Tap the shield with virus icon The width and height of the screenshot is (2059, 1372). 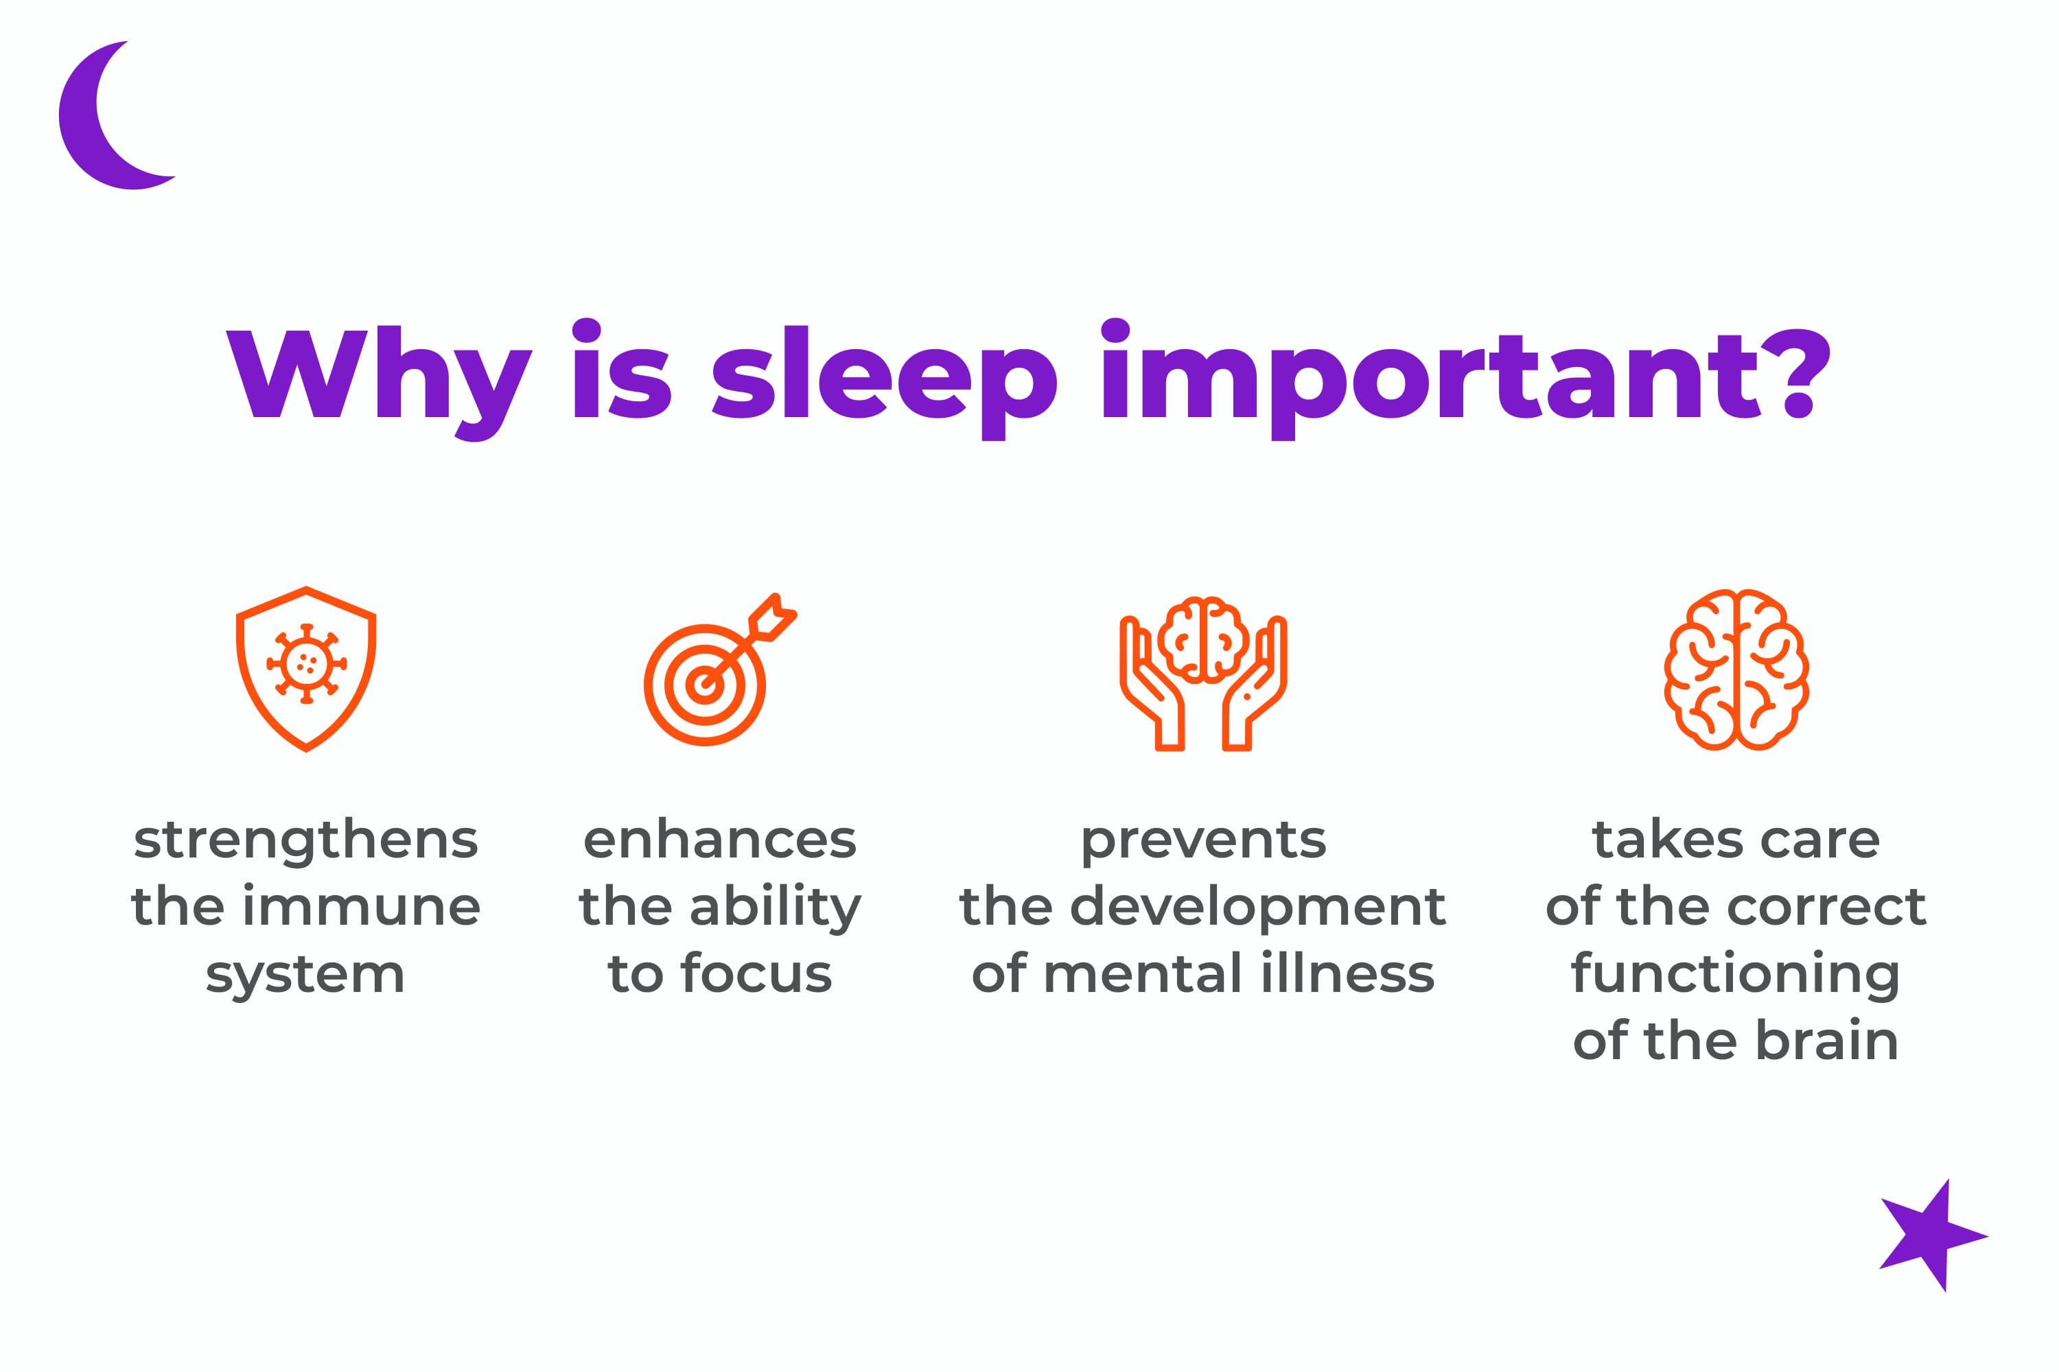point(305,670)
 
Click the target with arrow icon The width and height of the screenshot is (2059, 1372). point(719,670)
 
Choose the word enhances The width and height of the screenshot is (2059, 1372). point(719,840)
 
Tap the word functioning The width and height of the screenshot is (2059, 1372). point(1735,975)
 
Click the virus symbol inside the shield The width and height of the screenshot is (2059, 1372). point(305,664)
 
